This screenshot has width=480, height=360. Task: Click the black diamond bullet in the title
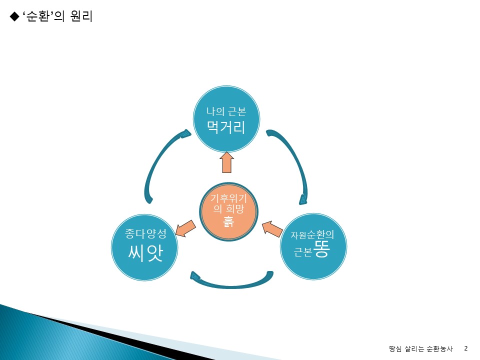pyautogui.click(x=14, y=16)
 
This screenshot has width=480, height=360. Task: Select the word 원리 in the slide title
pyautogui.click(x=81, y=16)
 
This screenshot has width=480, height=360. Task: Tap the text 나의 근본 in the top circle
pyautogui.click(x=226, y=111)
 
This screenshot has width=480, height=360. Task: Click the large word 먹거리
pyautogui.click(x=226, y=127)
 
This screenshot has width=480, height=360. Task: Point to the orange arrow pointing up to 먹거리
pyautogui.click(x=226, y=162)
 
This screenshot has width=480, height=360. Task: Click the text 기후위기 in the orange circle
pyautogui.click(x=228, y=198)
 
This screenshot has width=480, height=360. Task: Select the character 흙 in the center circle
pyautogui.click(x=228, y=221)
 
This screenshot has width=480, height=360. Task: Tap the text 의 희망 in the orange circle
pyautogui.click(x=228, y=209)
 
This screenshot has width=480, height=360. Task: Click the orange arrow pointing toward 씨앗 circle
pyautogui.click(x=185, y=228)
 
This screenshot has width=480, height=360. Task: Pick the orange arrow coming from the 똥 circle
pyautogui.click(x=272, y=228)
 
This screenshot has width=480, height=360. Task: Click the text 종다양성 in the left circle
pyautogui.click(x=145, y=233)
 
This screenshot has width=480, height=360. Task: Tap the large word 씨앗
pyautogui.click(x=145, y=253)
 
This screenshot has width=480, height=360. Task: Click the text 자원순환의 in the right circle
pyautogui.click(x=312, y=235)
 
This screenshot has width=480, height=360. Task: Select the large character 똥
pyautogui.click(x=321, y=249)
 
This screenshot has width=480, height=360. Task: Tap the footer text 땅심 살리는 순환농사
pyautogui.click(x=420, y=348)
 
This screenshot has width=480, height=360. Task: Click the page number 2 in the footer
pyautogui.click(x=466, y=348)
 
